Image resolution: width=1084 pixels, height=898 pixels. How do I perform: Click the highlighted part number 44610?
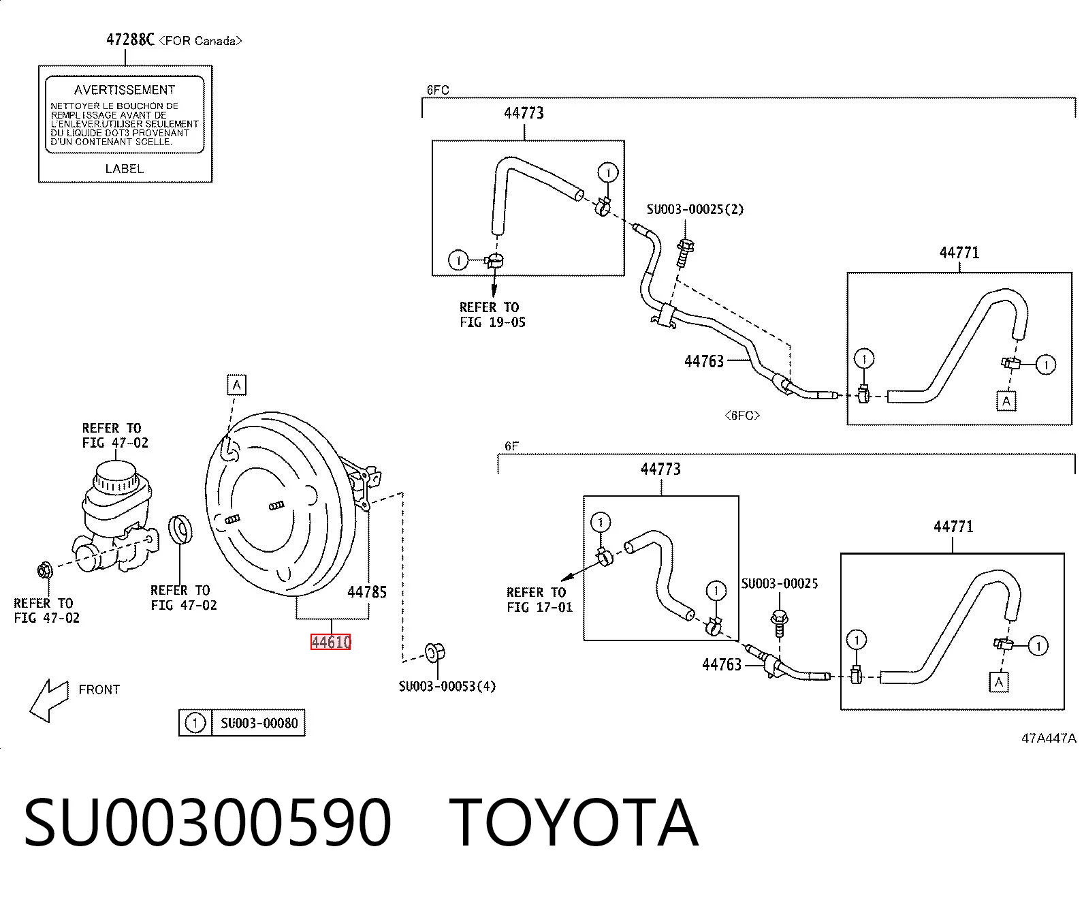[x=331, y=642]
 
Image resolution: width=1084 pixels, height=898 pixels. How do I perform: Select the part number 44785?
[x=367, y=592]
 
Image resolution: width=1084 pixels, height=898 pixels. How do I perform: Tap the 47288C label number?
[x=130, y=40]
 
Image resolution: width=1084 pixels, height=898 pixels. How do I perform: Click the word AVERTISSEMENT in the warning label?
[x=125, y=90]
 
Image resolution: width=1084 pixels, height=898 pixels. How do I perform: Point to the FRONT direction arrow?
[x=48, y=700]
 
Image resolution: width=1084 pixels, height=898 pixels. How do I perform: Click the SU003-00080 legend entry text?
[x=259, y=723]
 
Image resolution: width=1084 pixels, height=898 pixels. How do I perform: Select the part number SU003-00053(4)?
[x=447, y=687]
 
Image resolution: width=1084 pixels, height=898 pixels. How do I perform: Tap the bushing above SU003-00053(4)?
[x=434, y=653]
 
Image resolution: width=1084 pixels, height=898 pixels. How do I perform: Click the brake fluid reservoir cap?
[x=116, y=476]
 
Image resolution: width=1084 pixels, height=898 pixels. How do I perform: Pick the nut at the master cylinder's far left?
[x=45, y=570]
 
